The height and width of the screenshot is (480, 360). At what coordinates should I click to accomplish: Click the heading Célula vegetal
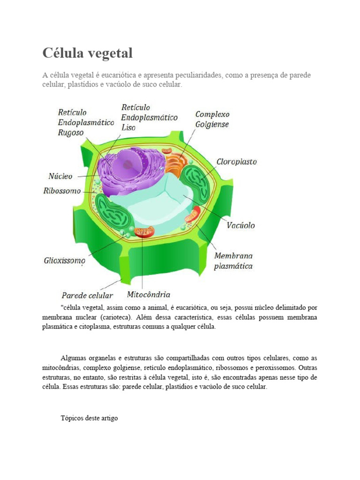tap(88, 53)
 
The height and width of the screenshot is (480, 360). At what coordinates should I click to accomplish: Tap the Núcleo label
tap(61, 176)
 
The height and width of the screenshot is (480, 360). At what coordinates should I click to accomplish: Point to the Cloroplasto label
tap(236, 162)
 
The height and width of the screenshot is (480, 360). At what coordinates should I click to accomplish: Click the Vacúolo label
tap(241, 225)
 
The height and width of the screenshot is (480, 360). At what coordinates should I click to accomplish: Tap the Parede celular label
tap(87, 295)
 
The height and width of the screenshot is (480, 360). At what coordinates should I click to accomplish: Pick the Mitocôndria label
tap(149, 295)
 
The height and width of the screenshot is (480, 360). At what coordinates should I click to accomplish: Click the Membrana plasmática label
tap(233, 261)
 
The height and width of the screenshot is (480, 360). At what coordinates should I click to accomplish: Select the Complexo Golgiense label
tap(212, 119)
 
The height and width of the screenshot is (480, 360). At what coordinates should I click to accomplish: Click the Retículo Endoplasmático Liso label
tap(149, 117)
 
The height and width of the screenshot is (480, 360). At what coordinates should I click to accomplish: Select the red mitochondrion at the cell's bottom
tap(144, 231)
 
